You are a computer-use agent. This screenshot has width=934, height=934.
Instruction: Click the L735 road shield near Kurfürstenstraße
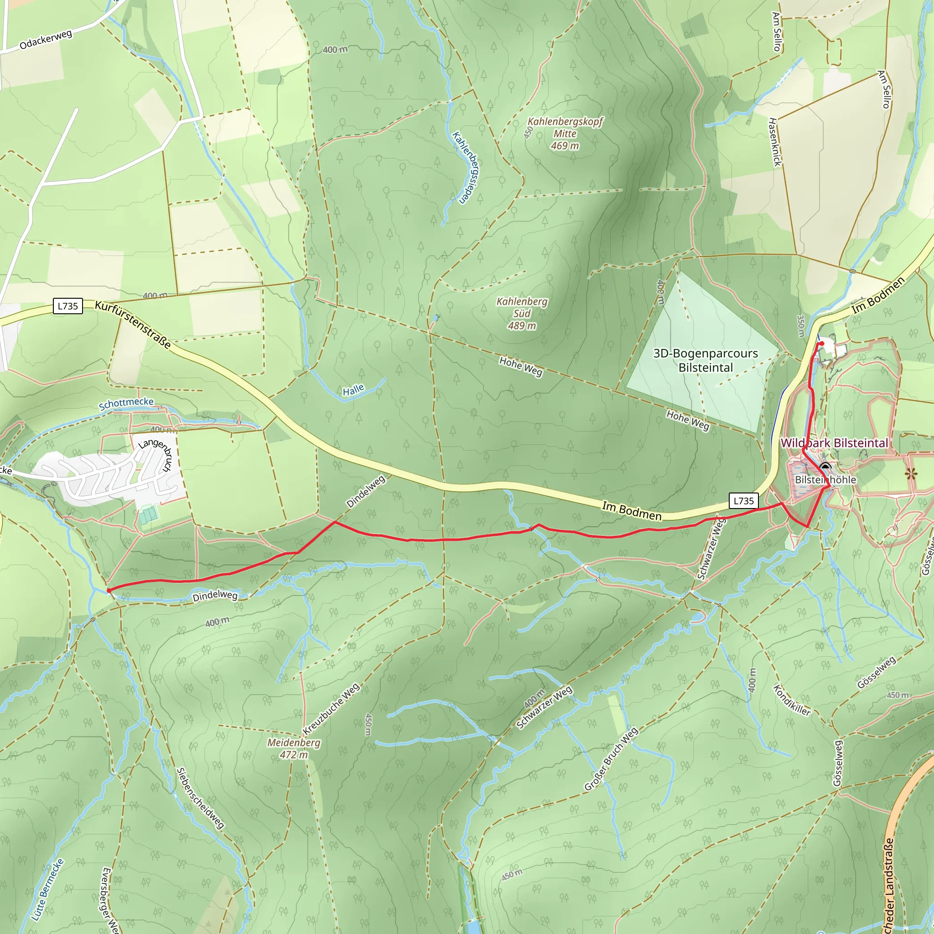[x=67, y=306]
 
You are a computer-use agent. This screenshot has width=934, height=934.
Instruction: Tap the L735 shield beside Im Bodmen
[x=743, y=501]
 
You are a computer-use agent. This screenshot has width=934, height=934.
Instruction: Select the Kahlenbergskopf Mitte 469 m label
[x=565, y=134]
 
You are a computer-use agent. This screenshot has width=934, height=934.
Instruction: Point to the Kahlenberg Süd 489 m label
[x=522, y=313]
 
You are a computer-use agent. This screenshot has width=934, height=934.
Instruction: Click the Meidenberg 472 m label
[x=293, y=748]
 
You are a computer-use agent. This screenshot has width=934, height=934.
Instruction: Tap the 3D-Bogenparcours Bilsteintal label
[x=706, y=360]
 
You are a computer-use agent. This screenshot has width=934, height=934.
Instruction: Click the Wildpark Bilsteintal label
[x=834, y=443]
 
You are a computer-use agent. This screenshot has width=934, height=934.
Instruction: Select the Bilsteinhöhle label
[x=825, y=480]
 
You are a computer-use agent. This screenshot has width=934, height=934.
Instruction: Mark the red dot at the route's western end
[x=109, y=590]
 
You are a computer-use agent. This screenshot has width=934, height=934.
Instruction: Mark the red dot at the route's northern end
[x=821, y=344]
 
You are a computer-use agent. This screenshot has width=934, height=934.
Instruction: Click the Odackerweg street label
[x=46, y=40]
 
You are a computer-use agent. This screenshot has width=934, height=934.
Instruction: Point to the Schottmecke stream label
[x=126, y=404]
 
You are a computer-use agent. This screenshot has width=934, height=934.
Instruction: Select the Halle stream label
[x=353, y=390]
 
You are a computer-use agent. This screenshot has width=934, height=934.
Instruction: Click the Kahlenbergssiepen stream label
[x=465, y=167]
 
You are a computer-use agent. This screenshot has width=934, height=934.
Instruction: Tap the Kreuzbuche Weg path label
[x=331, y=709]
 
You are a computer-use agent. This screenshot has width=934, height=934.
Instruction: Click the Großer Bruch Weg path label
[x=611, y=759]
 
